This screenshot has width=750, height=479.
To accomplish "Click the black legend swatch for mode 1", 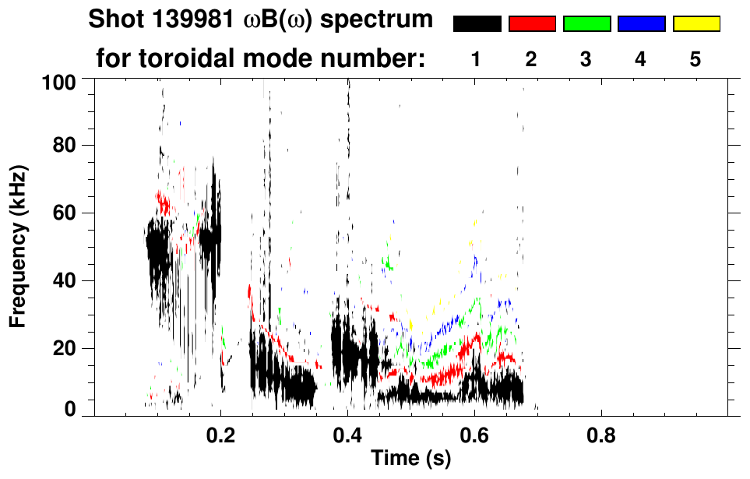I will coord(477,24).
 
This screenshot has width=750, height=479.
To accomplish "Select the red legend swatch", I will coord(532,24).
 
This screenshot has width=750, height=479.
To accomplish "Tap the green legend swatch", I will coord(586,24).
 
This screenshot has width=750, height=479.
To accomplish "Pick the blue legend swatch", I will coord(641,24).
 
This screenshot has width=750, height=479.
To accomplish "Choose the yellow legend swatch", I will coord(695,24).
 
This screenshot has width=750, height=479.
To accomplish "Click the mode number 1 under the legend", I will coord(477,59).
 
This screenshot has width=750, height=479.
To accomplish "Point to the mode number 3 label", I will coord(586,59).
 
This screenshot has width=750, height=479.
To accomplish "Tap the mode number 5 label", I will coord(695,59).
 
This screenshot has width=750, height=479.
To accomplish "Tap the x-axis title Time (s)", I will coord(410,459).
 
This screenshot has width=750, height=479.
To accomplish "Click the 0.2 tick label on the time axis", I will coord(221,435).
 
